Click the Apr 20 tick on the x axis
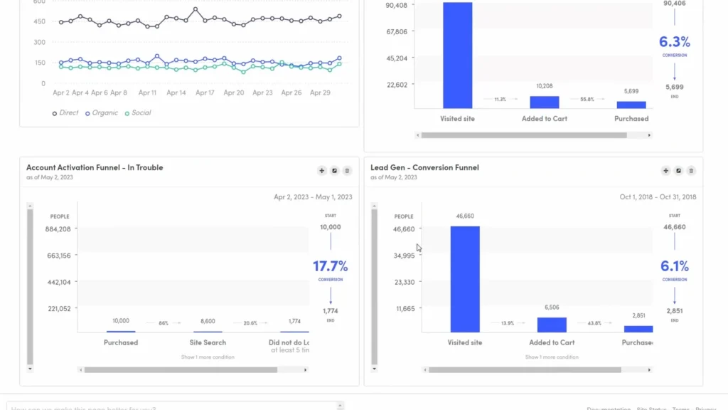[x=234, y=93]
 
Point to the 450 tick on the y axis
[x=39, y=21]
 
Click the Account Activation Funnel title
[x=95, y=168]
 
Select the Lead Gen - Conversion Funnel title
[x=424, y=168]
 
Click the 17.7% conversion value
[x=330, y=266]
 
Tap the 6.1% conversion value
[x=674, y=266]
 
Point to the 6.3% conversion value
[x=674, y=42]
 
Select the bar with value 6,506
[x=552, y=325]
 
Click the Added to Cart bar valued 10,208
[x=545, y=102]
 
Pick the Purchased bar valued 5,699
[x=631, y=105]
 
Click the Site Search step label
[x=207, y=342]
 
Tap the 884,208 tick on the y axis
[x=58, y=229]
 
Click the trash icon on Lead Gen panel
[x=691, y=171]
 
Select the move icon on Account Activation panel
[x=321, y=171]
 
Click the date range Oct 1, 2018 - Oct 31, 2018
[x=657, y=197]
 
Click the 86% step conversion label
[x=164, y=323]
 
